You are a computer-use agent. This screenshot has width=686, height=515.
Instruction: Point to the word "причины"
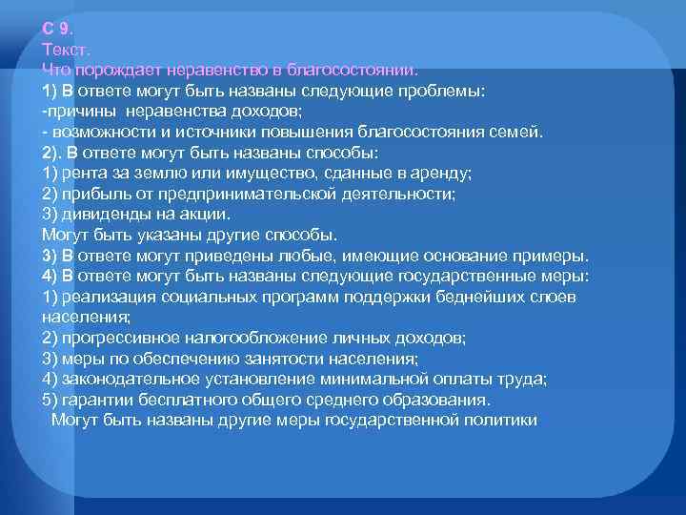[x=77, y=111]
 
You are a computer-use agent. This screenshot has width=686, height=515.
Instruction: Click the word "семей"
[x=520, y=132]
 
